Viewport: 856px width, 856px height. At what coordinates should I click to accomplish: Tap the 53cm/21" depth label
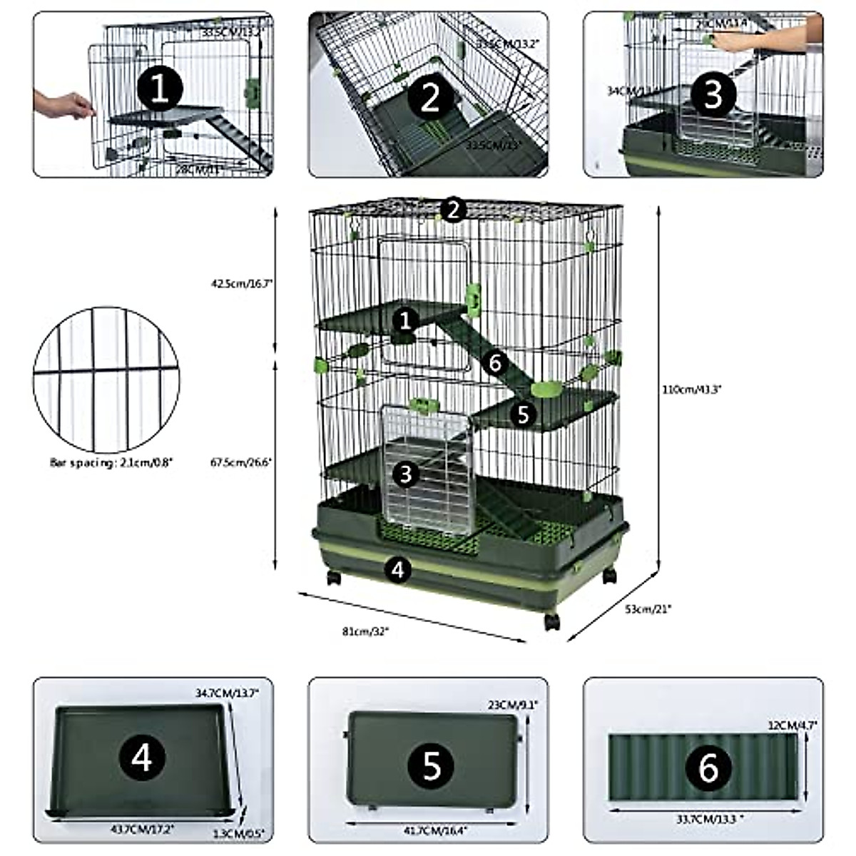648,608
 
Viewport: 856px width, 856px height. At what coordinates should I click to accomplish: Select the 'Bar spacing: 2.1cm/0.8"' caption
111,462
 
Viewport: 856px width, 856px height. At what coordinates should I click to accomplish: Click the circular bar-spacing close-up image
105,379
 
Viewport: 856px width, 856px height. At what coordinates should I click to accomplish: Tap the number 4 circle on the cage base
398,569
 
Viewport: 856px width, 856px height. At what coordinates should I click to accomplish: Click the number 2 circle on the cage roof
453,210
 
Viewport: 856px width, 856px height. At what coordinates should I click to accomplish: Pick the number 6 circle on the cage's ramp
496,363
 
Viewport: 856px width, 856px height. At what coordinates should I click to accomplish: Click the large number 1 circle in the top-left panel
160,90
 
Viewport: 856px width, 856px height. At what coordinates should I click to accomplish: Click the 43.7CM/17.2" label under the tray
143,829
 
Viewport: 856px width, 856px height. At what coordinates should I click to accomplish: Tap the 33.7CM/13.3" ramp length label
708,819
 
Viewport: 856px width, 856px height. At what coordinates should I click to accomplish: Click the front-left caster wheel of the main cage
334,578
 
